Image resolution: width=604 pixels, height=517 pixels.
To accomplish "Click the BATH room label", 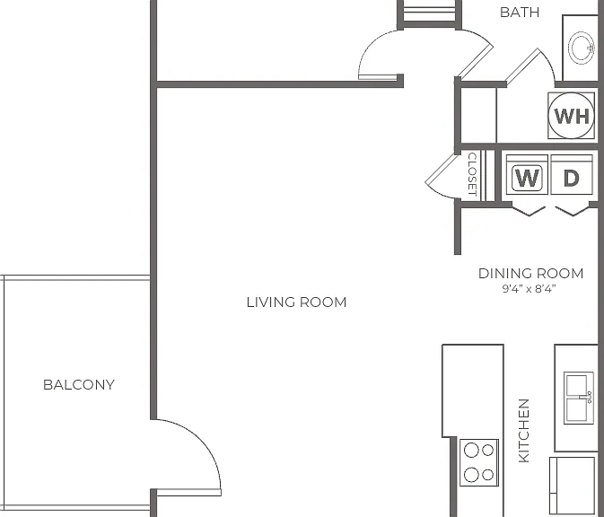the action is click(x=520, y=13).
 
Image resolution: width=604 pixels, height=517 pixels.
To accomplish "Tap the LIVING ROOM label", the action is click(x=296, y=302).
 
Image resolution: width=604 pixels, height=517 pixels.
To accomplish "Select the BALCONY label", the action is click(x=79, y=384).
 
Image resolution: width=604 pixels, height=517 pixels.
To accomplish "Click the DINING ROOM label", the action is click(x=530, y=273).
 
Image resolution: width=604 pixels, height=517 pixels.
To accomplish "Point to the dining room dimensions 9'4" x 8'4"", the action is click(x=529, y=289).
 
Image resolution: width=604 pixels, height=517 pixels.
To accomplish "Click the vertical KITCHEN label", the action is click(x=524, y=431).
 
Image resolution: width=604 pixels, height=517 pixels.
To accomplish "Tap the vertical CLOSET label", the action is click(x=472, y=174).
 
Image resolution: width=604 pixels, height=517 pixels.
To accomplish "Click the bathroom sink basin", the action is click(x=582, y=48).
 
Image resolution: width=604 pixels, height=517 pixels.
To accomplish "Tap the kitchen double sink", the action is click(x=579, y=398).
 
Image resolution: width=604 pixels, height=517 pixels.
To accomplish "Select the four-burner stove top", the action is click(x=479, y=462).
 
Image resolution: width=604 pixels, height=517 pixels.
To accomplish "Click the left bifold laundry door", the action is click(x=529, y=211).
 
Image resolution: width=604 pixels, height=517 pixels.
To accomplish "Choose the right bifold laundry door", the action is click(x=573, y=211).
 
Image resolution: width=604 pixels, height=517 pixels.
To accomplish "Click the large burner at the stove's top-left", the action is click(x=471, y=450).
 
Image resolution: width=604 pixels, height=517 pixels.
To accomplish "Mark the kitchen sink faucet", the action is click(x=588, y=398).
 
